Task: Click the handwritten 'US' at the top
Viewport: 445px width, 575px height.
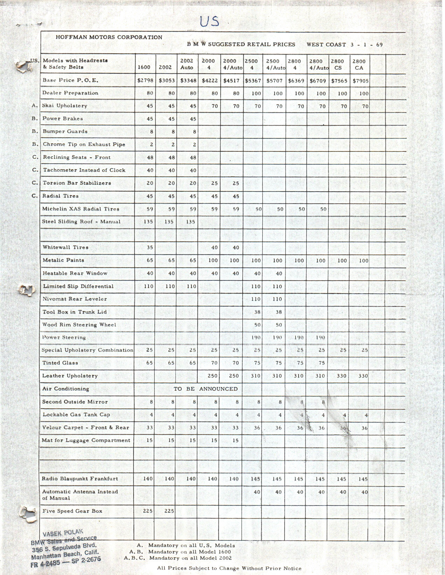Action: pos(209,21)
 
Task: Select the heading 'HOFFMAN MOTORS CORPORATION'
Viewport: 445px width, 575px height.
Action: pos(109,37)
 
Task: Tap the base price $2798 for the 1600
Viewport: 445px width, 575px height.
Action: pos(145,80)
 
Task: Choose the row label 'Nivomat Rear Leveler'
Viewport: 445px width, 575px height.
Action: pos(75,299)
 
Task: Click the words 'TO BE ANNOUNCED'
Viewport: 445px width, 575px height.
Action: pos(206,389)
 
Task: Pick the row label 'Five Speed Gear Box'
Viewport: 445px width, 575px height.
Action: pos(72,511)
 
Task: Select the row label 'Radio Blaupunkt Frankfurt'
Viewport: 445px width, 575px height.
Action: pos(80,479)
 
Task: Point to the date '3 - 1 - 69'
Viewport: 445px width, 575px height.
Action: pos(367,44)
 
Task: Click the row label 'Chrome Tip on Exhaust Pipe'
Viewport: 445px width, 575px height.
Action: pos(84,144)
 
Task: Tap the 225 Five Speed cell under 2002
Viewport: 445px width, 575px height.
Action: pos(169,511)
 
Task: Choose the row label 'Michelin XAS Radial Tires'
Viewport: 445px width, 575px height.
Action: pos(81,209)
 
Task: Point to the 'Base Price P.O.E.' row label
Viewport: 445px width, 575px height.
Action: pos(70,80)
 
